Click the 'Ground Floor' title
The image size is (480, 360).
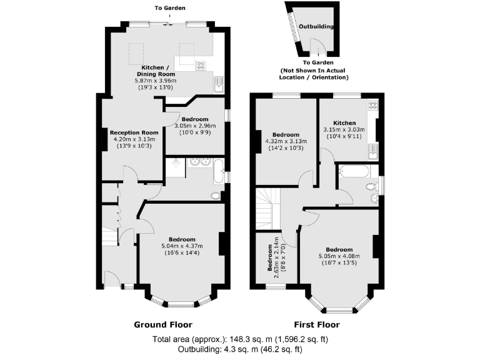click(x=163, y=324)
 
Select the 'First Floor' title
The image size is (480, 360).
click(x=317, y=324)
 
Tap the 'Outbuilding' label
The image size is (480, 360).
click(x=316, y=27)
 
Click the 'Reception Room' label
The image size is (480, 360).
click(x=134, y=132)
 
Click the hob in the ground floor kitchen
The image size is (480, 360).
click(x=202, y=64)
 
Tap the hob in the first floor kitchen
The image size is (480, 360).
click(x=372, y=106)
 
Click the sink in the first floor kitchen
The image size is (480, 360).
click(x=372, y=148)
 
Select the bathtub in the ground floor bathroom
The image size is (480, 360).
click(x=218, y=171)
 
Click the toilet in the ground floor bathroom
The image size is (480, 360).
click(x=216, y=196)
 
